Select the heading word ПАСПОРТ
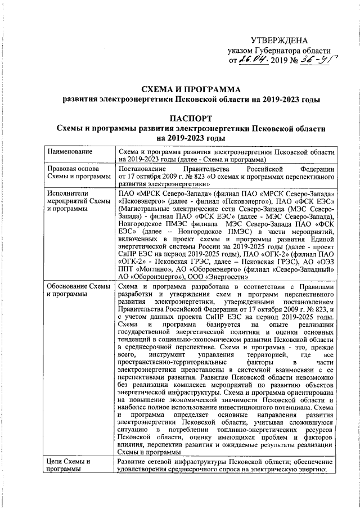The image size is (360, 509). (191, 118)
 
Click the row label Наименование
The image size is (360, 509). (70, 151)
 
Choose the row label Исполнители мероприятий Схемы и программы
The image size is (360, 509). (76, 201)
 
